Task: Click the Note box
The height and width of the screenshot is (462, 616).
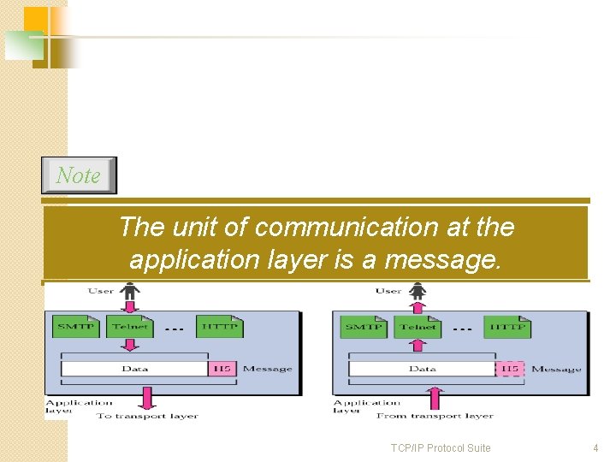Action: [x=79, y=175]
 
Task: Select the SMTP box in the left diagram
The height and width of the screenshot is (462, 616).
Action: [x=77, y=326]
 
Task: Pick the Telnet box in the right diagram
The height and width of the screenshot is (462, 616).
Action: [x=418, y=327]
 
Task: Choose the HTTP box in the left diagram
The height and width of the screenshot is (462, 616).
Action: [x=220, y=326]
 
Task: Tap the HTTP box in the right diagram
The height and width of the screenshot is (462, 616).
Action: [x=507, y=327]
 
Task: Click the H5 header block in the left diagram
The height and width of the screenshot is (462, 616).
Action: [x=222, y=368]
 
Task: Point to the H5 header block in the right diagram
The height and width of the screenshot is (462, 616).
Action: [x=510, y=369]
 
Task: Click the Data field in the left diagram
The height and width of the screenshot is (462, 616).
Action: [x=134, y=368]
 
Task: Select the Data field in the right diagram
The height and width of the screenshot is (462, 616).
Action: [x=422, y=369]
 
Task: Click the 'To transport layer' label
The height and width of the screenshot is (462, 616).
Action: [x=147, y=416]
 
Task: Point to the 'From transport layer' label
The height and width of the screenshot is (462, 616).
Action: [x=435, y=416]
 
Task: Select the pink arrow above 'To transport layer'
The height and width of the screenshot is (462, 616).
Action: [x=147, y=398]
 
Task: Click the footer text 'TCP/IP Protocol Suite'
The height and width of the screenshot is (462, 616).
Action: [x=441, y=448]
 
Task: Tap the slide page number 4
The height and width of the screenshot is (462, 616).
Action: [x=595, y=448]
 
